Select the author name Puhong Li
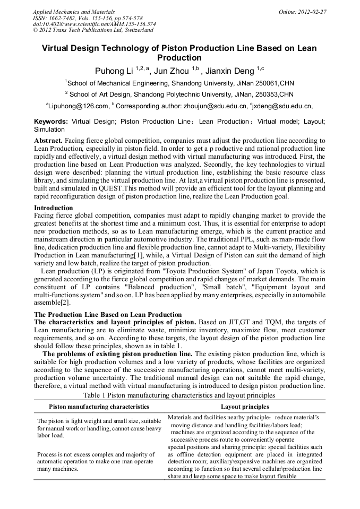[114, 71]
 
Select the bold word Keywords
[51, 122]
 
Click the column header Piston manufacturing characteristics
[99, 407]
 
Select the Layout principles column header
[245, 407]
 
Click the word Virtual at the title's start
[58, 48]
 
